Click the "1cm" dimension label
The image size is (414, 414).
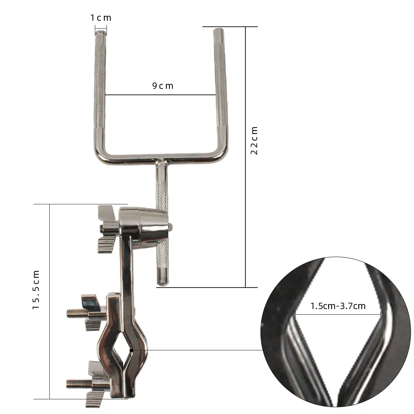tap(101, 18)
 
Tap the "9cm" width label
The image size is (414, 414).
tap(163, 86)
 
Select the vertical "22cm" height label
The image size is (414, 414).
tap(254, 140)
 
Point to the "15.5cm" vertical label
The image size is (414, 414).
tap(36, 290)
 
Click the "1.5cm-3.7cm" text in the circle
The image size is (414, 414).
tap(338, 306)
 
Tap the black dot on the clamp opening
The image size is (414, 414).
tap(131, 350)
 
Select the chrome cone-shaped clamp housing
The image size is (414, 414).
tap(144, 224)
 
